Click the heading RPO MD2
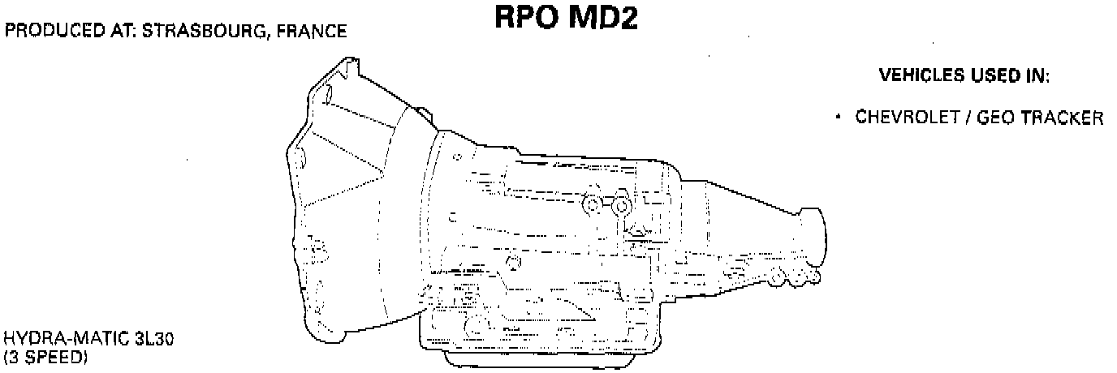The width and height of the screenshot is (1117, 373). [x=567, y=19]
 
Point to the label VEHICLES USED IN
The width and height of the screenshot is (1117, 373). [x=964, y=76]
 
